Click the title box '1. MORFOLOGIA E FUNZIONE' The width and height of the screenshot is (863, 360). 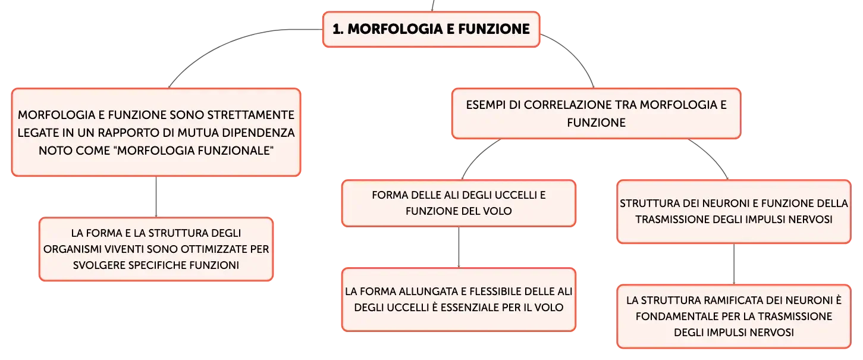(x=431, y=29)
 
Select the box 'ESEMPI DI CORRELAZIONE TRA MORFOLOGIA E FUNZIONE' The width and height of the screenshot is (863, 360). (x=596, y=113)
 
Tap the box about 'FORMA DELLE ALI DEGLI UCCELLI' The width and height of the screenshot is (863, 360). (x=459, y=203)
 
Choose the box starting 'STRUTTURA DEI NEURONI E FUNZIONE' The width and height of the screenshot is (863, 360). (x=733, y=212)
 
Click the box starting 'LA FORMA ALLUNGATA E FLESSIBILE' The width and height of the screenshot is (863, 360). (x=459, y=299)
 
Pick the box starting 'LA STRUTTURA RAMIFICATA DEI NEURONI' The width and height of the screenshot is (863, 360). (x=733, y=317)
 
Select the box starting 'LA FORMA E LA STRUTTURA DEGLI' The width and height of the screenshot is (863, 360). (x=156, y=249)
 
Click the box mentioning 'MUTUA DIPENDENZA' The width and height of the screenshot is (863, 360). (x=156, y=132)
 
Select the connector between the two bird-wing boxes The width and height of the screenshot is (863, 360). (x=459, y=247)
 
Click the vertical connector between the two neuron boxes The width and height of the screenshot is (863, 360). (x=733, y=264)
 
